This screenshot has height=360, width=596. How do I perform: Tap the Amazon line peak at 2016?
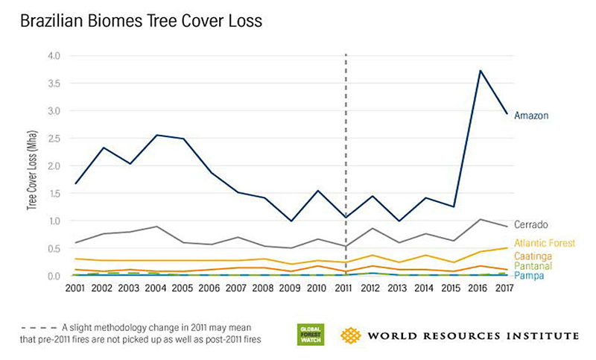[481, 71]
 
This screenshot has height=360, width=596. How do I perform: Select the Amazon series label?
[531, 115]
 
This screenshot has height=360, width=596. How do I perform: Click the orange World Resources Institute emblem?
[352, 335]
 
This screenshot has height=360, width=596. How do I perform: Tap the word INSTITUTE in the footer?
[540, 335]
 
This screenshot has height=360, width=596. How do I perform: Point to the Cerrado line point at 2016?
[481, 219]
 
